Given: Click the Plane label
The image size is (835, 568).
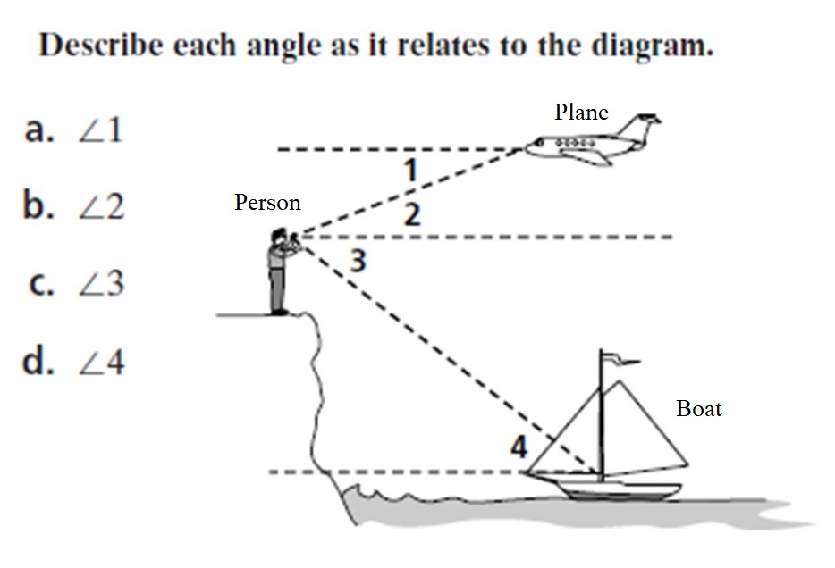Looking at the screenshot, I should (x=581, y=113).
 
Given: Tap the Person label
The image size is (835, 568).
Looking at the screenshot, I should (x=267, y=203).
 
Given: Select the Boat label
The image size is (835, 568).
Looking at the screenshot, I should (x=699, y=409).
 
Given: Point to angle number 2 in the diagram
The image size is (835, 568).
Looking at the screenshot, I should (x=411, y=215).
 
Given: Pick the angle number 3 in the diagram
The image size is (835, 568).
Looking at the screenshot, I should (x=358, y=262).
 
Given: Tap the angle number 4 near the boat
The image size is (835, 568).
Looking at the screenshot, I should (x=519, y=446).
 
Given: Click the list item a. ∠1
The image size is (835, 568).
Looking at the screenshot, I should (x=75, y=132).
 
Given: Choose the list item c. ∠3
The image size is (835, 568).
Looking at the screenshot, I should (x=75, y=284).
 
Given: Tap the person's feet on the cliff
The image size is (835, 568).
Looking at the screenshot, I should (x=280, y=311).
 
